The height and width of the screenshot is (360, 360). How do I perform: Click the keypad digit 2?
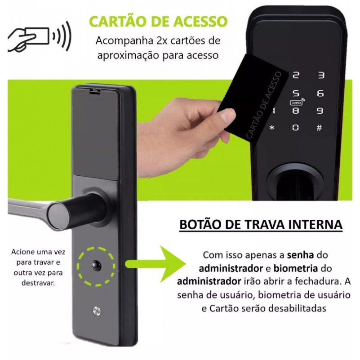[x=296, y=75]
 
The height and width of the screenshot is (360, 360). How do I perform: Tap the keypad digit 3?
[x=321, y=75]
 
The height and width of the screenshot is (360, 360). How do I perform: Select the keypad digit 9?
[x=320, y=111]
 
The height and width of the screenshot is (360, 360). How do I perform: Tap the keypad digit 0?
[x=296, y=128]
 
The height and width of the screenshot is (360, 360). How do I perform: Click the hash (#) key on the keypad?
[x=319, y=128]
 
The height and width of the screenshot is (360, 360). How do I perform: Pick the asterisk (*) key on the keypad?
[x=272, y=128]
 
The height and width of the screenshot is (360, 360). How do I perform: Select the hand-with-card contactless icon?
[x=40, y=36]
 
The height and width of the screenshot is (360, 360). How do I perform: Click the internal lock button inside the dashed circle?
[x=96, y=266]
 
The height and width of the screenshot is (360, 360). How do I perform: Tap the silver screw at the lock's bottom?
[x=97, y=311]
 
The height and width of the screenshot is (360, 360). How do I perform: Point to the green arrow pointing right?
[x=156, y=264]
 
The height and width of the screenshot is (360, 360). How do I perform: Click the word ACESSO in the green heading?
[x=200, y=22]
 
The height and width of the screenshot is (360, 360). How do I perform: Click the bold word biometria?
[x=296, y=268]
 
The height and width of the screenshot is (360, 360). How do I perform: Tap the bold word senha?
[x=300, y=255]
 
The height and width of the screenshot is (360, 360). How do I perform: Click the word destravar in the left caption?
[x=38, y=283]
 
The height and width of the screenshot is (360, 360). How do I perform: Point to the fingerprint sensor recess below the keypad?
[x=295, y=182]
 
